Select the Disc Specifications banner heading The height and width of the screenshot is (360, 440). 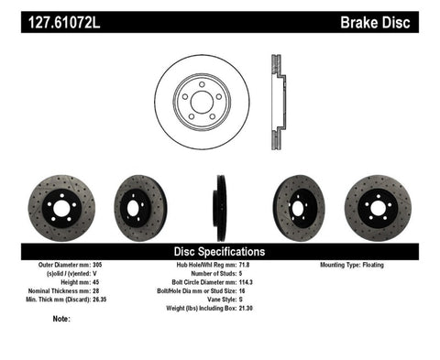coord(219,250)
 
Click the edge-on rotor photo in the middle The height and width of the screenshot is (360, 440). coord(220,207)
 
